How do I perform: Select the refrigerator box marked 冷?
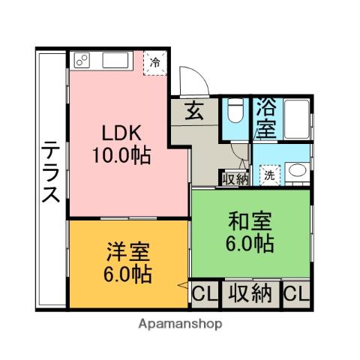click(154, 61)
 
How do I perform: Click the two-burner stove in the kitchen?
click(83, 59)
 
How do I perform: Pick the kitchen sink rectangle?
click(115, 59)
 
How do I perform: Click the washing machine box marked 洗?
click(268, 175)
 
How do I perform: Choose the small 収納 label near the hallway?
click(234, 178)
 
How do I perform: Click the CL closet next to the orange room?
click(202, 294)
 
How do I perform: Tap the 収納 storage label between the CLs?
click(250, 293)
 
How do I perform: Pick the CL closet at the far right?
click(296, 293)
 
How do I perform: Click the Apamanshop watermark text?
click(180, 325)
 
